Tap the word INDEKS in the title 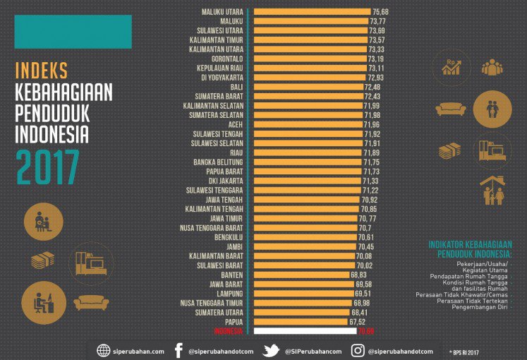click(42, 71)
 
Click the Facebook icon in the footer click(178, 351)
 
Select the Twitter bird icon click(271, 351)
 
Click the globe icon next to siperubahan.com click(104, 351)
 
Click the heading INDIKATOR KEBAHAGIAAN click(469, 245)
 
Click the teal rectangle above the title click(73, 32)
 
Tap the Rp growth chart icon click(452, 67)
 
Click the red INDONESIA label click(225, 330)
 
